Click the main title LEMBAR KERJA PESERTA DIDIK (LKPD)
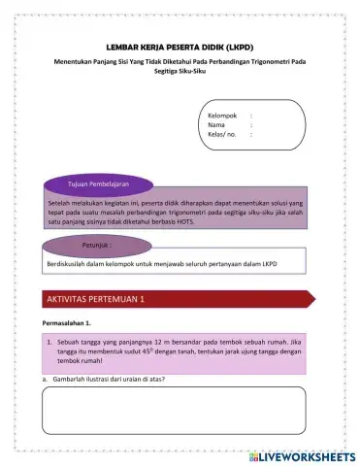(x=180, y=47)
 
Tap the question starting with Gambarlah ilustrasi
(x=107, y=380)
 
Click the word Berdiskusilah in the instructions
(x=70, y=264)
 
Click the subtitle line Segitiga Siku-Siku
(x=180, y=74)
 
